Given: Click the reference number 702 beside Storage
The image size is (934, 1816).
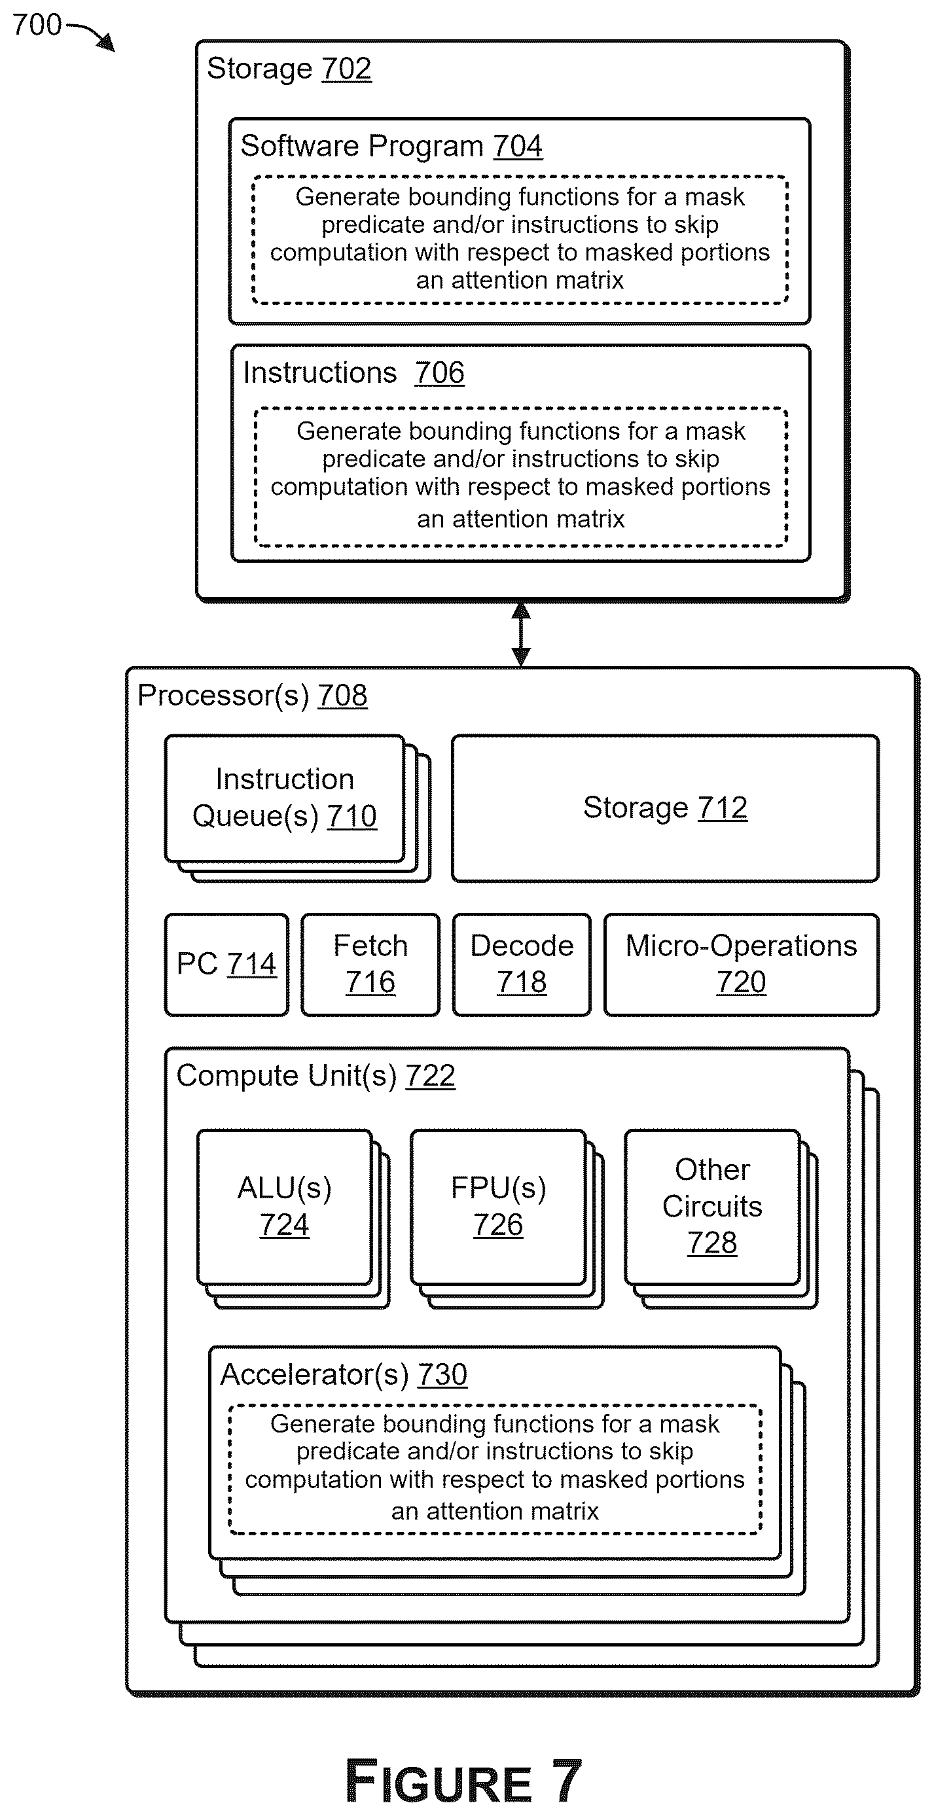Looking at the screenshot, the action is pyautogui.click(x=346, y=69).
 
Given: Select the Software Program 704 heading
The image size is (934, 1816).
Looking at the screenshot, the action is pyautogui.click(x=391, y=146).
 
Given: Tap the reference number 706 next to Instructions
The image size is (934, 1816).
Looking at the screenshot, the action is pyautogui.click(x=439, y=373).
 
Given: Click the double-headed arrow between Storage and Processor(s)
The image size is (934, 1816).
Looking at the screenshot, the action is pyautogui.click(x=521, y=635).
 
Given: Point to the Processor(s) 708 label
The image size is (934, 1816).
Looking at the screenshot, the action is pyautogui.click(x=253, y=696).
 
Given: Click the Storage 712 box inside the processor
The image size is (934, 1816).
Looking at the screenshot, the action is pyautogui.click(x=666, y=808).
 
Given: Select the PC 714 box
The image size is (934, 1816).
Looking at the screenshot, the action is pyautogui.click(x=226, y=965).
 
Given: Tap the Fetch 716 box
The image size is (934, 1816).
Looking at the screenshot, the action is pyautogui.click(x=370, y=965).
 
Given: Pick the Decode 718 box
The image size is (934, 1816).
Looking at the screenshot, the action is pyautogui.click(x=522, y=965).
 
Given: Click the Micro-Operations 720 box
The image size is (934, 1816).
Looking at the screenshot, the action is pyautogui.click(x=742, y=965).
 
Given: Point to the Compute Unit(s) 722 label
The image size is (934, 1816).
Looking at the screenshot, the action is pyautogui.click(x=315, y=1076).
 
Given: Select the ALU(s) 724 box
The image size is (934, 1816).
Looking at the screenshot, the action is pyautogui.click(x=285, y=1207).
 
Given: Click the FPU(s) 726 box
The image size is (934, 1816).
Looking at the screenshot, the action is pyautogui.click(x=498, y=1207).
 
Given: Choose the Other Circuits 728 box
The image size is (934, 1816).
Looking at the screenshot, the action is pyautogui.click(x=712, y=1207).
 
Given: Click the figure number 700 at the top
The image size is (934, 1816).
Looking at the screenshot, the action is pyautogui.click(x=37, y=26).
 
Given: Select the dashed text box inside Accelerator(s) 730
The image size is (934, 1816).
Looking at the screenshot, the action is pyautogui.click(x=495, y=1469).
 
